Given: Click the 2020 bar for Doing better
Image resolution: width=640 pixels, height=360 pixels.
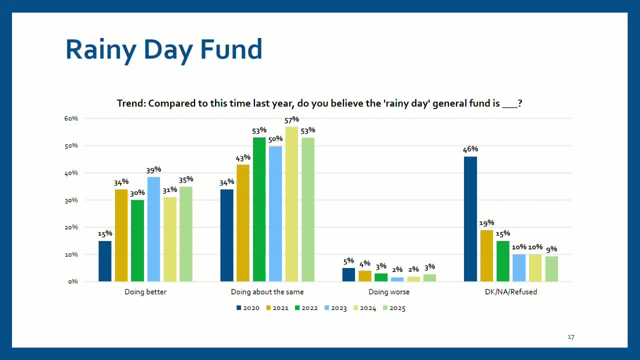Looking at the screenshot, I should point(105,261).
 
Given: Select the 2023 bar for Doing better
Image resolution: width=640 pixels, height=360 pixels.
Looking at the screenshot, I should point(153,229).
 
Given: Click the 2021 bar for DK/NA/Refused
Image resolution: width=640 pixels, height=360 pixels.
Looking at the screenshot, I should point(486,255).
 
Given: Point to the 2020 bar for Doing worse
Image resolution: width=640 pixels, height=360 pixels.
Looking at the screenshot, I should point(348,274).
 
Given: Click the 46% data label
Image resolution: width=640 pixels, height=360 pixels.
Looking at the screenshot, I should point(470,149).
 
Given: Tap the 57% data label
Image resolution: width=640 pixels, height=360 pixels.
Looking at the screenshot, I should point(291,119).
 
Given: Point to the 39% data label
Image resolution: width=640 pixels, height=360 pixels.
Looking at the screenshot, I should point(153,169).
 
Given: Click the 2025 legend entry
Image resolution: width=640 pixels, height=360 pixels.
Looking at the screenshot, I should point(394,308).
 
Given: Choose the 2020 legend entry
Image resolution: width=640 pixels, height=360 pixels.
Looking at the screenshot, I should point(248,308).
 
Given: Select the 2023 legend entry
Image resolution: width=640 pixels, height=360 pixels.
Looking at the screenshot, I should point(335,308).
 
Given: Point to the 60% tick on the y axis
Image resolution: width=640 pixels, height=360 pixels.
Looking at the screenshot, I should point(71,118).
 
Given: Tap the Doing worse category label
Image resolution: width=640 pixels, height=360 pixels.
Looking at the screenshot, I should point(389,292).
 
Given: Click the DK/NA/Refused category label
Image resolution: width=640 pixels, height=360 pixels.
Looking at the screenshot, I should point(511,292).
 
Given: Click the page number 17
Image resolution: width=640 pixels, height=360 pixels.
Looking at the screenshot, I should point(571,337).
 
